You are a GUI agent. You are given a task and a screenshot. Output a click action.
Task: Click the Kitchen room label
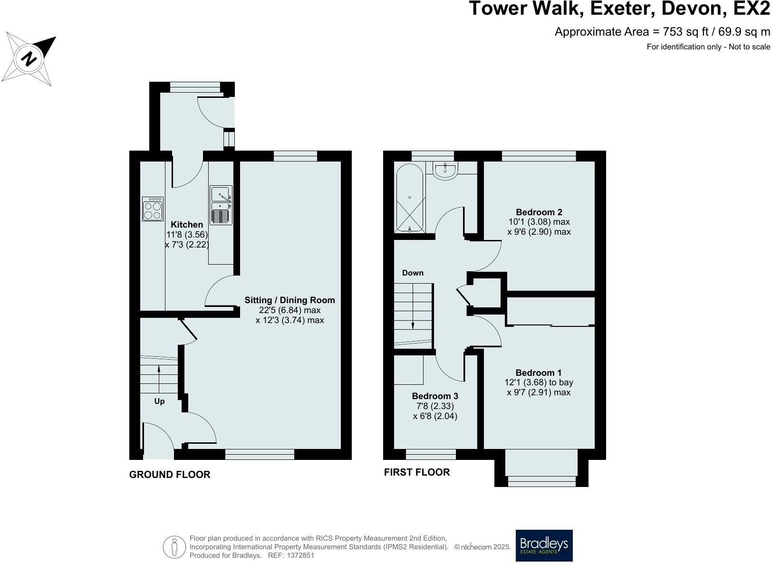pyautogui.click(x=187, y=225)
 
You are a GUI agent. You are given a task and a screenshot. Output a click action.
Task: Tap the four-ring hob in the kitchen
pyautogui.click(x=153, y=209)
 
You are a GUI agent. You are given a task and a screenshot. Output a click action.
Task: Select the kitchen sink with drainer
pyautogui.click(x=221, y=205)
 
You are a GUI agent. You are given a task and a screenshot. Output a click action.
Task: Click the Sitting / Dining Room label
pyautogui.click(x=289, y=300)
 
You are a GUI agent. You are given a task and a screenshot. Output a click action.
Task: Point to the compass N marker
pyautogui.click(x=29, y=59)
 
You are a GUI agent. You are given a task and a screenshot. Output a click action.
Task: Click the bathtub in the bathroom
pyautogui.click(x=409, y=198)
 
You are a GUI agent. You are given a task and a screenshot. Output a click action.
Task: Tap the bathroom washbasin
pyautogui.click(x=445, y=171)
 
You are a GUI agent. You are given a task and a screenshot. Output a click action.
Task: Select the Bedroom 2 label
pyautogui.click(x=539, y=212)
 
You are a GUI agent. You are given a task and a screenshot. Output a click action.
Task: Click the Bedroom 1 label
pyautogui.click(x=539, y=373)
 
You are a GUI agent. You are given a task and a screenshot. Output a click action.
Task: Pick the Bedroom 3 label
pyautogui.click(x=435, y=396)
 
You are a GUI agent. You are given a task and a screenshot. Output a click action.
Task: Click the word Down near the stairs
pyautogui.click(x=413, y=273)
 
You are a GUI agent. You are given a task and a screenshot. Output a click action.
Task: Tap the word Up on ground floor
pyautogui.click(x=159, y=401)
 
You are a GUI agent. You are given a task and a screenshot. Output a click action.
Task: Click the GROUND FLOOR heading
pyautogui.click(x=170, y=475)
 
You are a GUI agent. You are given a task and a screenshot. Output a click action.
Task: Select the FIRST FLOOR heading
pyautogui.click(x=416, y=472)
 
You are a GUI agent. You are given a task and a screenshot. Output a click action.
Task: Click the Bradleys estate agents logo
pyautogui.click(x=544, y=545)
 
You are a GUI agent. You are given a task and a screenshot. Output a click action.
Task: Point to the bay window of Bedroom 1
pyautogui.click(x=541, y=481)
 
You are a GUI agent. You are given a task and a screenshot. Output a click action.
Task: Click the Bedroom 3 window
pyautogui.click(x=431, y=455)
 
